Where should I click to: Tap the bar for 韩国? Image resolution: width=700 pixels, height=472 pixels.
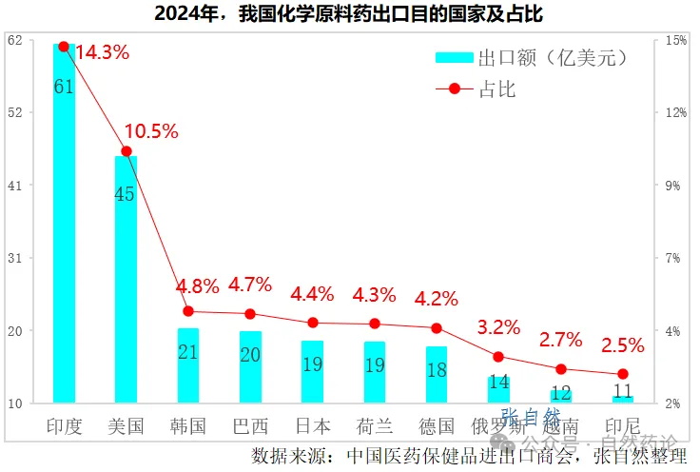point(188,365)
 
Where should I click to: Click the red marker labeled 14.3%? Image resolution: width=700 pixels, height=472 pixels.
point(64,46)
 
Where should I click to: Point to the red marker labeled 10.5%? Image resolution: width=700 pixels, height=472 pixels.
point(126,150)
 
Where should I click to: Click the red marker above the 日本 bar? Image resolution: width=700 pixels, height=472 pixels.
point(313,323)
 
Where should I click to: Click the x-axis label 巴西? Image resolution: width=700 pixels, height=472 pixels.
point(250,425)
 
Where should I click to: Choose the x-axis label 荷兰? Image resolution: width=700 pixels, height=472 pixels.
point(375,425)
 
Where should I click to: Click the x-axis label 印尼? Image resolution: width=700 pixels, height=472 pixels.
point(623,425)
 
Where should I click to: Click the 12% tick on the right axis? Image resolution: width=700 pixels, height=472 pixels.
point(676,112)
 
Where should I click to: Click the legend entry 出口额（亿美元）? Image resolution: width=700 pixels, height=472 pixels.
point(533,58)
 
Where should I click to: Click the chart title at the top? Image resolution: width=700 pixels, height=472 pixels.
point(350,14)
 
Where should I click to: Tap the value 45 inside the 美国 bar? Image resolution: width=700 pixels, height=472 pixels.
point(125,194)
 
